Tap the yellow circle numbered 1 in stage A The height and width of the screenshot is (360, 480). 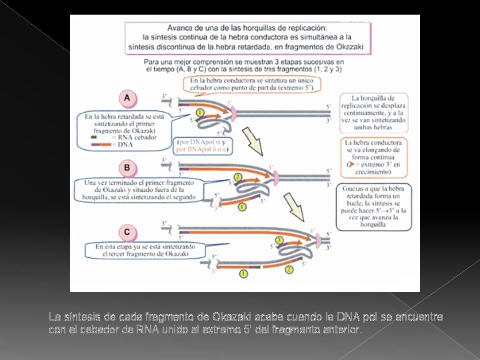[200, 112]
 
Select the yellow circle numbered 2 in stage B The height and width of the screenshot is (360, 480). [238, 177]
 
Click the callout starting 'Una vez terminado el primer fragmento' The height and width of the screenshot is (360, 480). [141, 189]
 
